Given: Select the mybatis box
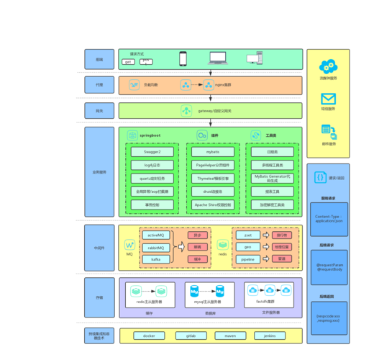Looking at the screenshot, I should pos(213,152).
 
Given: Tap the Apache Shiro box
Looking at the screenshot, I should pos(213,205).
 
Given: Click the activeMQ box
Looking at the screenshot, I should pos(155,235).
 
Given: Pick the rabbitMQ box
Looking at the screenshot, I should pos(155,246).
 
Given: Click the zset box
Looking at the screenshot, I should pos(248,235).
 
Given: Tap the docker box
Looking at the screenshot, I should pos(149,336).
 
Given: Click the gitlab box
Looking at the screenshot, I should pos(191,336).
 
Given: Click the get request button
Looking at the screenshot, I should pos(129,62).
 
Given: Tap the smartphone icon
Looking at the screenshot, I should pos(183,58).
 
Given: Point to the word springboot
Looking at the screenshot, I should pos(150,135).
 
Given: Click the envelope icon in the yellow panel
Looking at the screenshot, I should pos(328,99).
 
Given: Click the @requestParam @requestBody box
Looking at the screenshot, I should pos(328,268).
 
